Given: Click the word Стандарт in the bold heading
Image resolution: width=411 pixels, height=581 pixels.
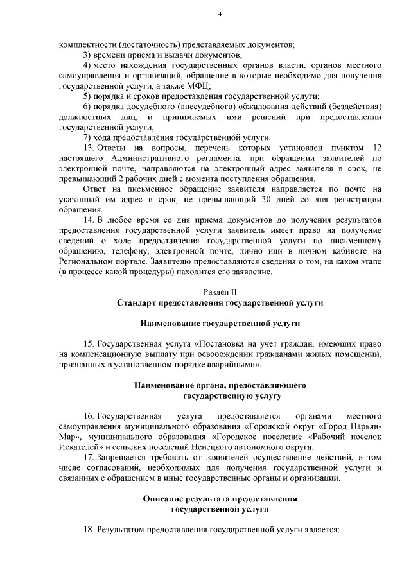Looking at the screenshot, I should (x=135, y=301).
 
